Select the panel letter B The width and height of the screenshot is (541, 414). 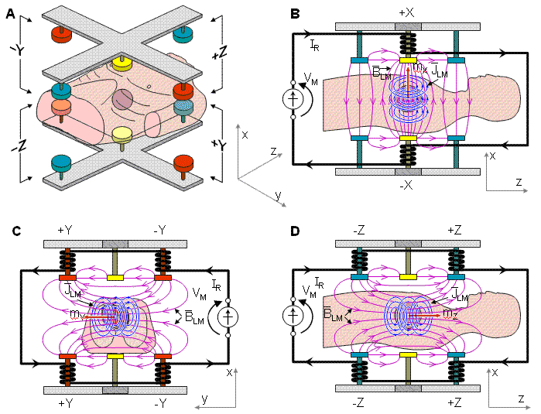294,12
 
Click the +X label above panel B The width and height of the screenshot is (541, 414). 407,13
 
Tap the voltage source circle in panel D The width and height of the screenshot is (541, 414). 294,316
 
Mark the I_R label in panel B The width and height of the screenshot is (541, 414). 313,46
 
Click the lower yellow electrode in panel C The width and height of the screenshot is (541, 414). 115,357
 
